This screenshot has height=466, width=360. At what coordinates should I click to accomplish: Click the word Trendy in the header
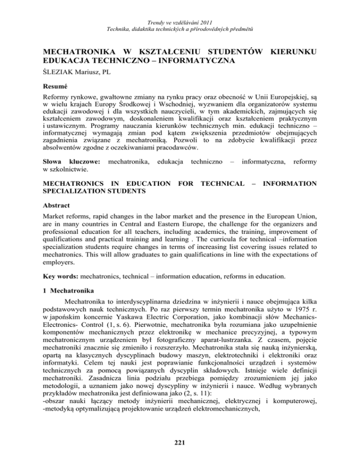[155, 8]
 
